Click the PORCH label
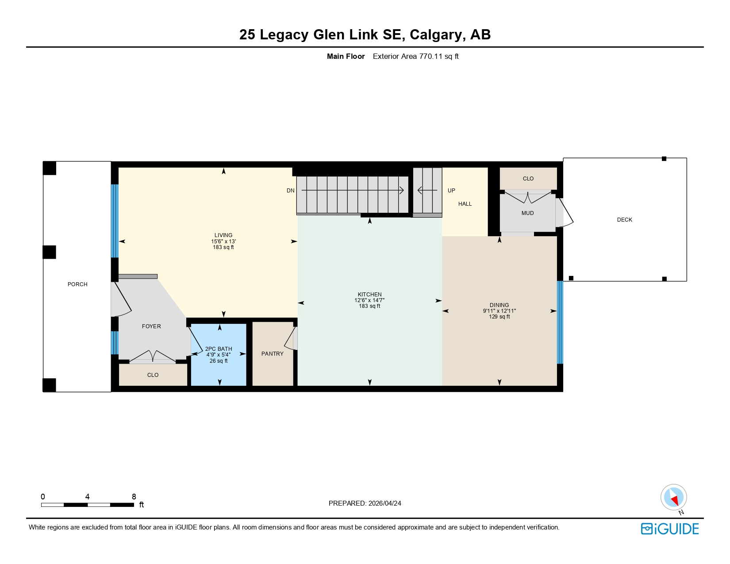pyautogui.click(x=77, y=284)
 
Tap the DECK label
pyautogui.click(x=624, y=220)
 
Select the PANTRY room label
pyautogui.click(x=272, y=354)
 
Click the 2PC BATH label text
pyautogui.click(x=219, y=349)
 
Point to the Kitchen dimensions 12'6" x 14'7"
pyautogui.click(x=369, y=300)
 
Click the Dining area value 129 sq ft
pyautogui.click(x=499, y=317)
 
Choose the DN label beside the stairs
pyautogui.click(x=290, y=191)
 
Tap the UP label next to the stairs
pyautogui.click(x=451, y=191)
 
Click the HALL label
pyautogui.click(x=465, y=204)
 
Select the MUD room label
pyautogui.click(x=527, y=213)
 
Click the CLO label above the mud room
pyautogui.click(x=528, y=179)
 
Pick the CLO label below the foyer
pyautogui.click(x=153, y=375)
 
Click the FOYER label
pyautogui.click(x=151, y=326)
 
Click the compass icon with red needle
pyautogui.click(x=673, y=497)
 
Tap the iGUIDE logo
pyautogui.click(x=670, y=529)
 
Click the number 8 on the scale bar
pyautogui.click(x=134, y=497)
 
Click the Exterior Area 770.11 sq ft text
pyautogui.click(x=415, y=57)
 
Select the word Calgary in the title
pyautogui.click(x=436, y=35)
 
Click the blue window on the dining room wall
pyautogui.click(x=560, y=322)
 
